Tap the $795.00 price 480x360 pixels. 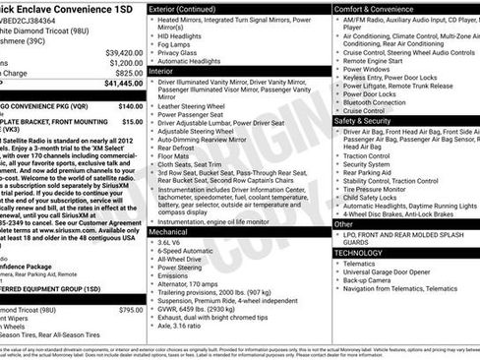tap(132, 310)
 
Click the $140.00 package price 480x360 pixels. tap(132, 103)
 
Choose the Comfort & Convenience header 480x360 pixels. tap(380, 8)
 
